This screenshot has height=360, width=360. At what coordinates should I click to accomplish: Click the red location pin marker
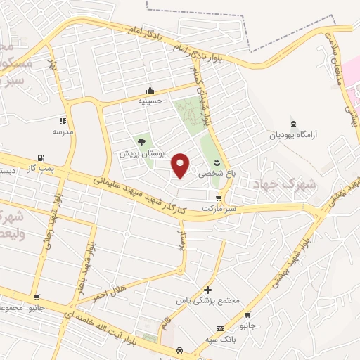tap(181, 164)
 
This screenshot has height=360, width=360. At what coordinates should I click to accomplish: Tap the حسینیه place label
tap(150, 101)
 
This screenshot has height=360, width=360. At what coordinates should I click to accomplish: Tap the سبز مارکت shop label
tap(218, 210)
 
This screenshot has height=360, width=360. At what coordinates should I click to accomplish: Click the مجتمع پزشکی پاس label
tap(207, 301)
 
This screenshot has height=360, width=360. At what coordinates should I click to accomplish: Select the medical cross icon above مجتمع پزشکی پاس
tap(207, 290)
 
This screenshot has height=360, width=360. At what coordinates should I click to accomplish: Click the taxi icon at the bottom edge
tap(180, 349)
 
